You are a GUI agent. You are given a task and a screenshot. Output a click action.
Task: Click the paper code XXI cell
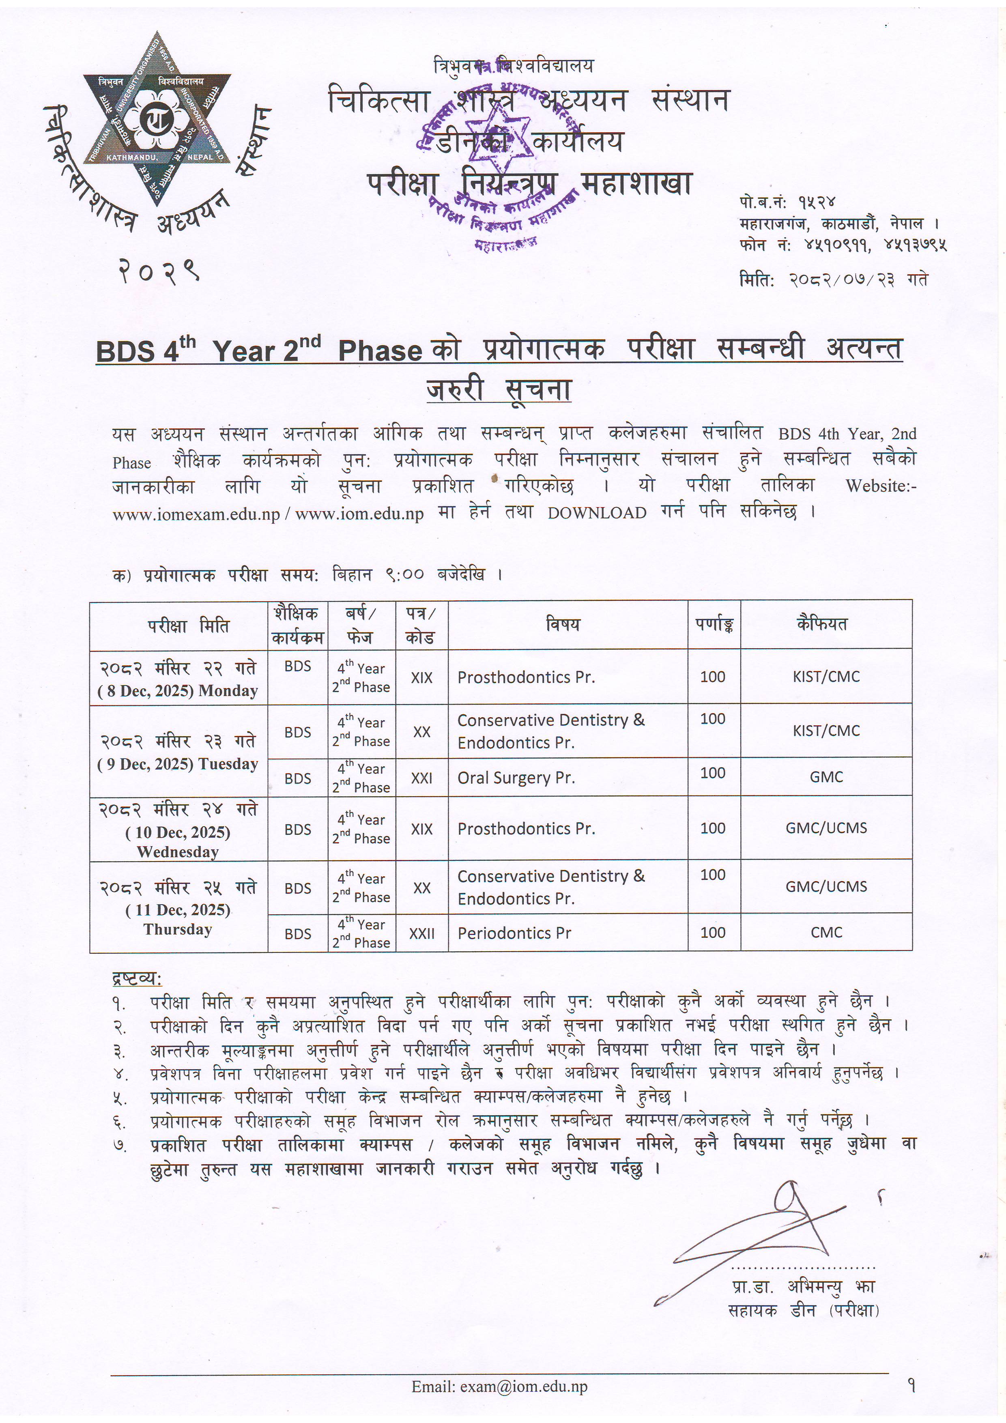(421, 778)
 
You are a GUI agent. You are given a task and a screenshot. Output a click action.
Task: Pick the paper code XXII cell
(421, 933)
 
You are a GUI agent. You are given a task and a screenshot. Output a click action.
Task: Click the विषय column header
(562, 625)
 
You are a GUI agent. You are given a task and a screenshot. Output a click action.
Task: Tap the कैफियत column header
(822, 624)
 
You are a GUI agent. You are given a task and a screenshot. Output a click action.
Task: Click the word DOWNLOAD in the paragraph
(596, 513)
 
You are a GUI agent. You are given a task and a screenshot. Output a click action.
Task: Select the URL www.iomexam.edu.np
(196, 514)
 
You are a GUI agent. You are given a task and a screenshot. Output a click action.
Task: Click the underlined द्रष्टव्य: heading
(136, 979)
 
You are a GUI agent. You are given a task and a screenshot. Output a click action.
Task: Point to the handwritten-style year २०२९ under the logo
(158, 271)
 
